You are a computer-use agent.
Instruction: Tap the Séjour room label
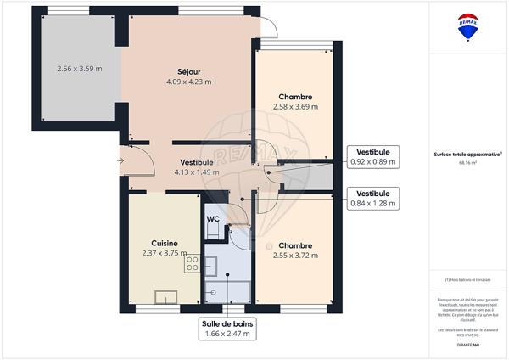(188, 72)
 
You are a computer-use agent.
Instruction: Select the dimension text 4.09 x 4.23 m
(188, 82)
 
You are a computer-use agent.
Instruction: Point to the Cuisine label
(164, 242)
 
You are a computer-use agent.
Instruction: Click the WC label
(214, 218)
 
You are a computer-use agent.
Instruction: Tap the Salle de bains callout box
(227, 329)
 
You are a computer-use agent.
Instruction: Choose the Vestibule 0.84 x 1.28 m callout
(373, 198)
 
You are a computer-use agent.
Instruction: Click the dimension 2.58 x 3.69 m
(295, 107)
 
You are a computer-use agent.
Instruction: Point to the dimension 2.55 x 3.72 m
(295, 255)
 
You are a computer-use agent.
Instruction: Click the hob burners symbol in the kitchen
(192, 264)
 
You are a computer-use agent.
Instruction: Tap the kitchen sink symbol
(165, 296)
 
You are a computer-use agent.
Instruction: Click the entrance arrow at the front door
(120, 159)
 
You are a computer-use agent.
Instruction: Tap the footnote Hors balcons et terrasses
(464, 281)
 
